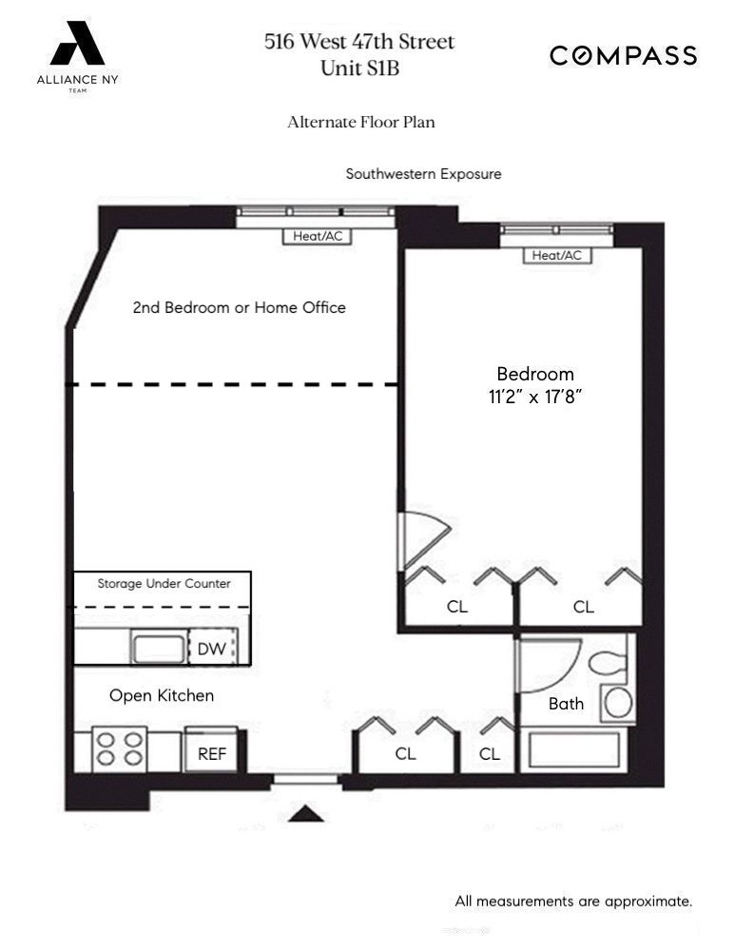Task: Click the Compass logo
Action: coord(623,56)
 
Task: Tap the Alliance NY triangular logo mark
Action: coord(77,45)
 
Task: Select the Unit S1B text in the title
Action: coord(359,68)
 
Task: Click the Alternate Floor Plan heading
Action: coord(360,123)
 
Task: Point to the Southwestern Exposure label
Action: coord(423,174)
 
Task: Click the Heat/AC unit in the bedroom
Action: coord(556,255)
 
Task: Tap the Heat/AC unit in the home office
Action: coord(317,236)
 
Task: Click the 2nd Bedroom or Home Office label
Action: coord(239,307)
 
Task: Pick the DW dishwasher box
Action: coord(211,649)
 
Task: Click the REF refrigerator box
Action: coord(210,753)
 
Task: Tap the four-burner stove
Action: coord(120,748)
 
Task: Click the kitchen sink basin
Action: coord(158,649)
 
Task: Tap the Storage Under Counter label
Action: coord(164,583)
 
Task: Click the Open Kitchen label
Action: coord(162,695)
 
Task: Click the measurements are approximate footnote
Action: coord(572,901)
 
